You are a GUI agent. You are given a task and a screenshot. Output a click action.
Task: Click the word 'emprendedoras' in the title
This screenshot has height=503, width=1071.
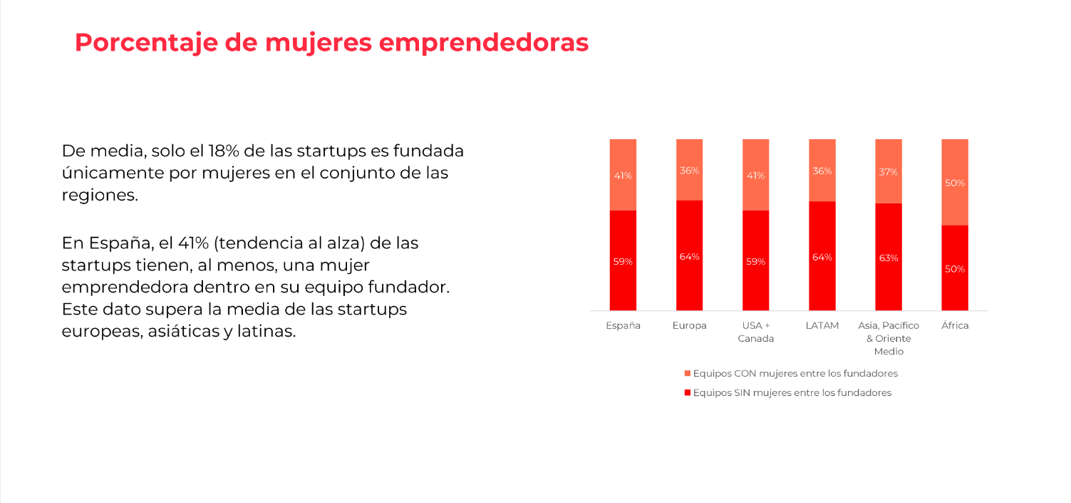coord(483,43)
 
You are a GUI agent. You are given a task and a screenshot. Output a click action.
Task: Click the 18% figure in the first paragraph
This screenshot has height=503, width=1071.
coord(223,151)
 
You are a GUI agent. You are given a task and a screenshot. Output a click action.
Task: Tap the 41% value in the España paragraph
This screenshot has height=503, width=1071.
coord(193,243)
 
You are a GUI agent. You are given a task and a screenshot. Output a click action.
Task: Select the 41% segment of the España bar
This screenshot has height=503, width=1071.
coord(623,175)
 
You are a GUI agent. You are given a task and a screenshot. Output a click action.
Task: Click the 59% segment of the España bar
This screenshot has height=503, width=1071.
coord(623,260)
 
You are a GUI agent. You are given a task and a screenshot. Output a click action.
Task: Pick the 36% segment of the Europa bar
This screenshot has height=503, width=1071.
coord(689,170)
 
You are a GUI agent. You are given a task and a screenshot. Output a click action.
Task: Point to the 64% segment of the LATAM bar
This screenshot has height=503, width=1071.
coord(822,256)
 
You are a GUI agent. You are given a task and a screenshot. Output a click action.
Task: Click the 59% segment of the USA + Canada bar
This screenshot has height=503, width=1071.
coord(755,260)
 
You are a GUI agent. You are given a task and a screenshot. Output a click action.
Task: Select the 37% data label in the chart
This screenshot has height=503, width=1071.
coord(889,172)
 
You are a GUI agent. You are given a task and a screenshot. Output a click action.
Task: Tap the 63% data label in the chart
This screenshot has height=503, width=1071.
coord(889,258)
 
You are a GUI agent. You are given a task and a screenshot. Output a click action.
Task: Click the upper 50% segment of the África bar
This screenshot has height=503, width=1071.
coord(955,183)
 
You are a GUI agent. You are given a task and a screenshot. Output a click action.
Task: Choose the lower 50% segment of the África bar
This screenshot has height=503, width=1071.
coord(955,268)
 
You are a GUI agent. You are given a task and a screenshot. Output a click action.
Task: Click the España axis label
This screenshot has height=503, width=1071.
coord(623,325)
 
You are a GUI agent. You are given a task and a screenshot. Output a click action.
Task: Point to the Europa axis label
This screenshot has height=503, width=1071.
coord(689,325)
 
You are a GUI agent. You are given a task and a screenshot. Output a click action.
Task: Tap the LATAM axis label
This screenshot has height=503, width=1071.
coord(822,325)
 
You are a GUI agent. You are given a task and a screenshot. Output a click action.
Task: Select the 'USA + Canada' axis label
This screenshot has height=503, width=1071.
coord(755,332)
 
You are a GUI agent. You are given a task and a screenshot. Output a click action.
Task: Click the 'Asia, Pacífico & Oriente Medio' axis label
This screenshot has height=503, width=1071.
coord(889,338)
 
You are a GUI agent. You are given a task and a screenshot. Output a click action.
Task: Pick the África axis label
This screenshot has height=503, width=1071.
coord(955,325)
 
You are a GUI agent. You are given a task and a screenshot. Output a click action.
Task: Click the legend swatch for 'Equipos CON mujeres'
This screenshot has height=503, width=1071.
coord(688,373)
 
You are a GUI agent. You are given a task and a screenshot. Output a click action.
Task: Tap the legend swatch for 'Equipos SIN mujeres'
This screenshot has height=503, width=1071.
coord(688,392)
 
